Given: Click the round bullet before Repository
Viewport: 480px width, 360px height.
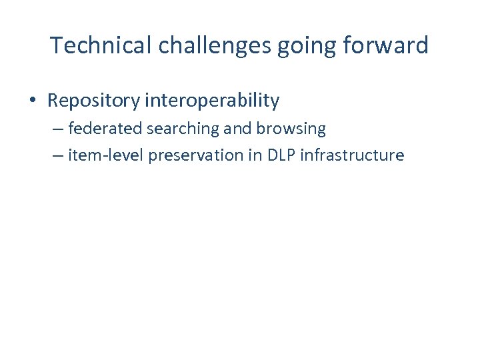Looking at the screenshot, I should point(33,101).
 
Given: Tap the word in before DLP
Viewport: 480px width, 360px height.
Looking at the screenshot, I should point(255,155).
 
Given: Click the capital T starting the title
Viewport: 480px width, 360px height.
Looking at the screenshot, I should point(56,45).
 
